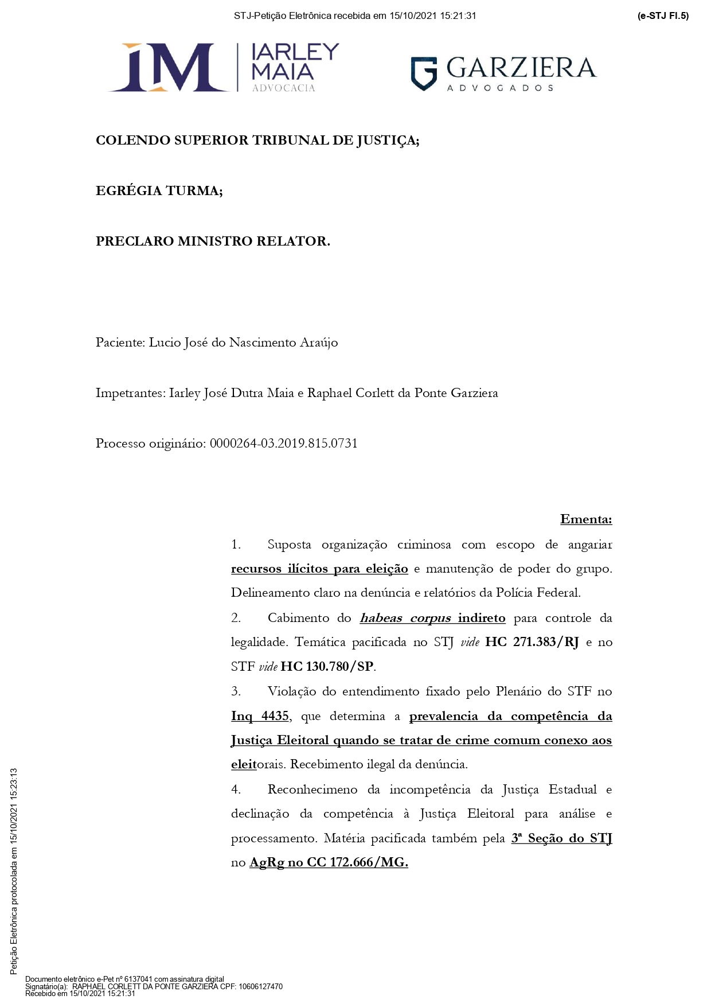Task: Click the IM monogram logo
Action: [x=169, y=67]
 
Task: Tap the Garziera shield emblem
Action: [x=424, y=73]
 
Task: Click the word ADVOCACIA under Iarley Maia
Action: [x=283, y=88]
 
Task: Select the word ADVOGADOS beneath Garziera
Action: [x=500, y=88]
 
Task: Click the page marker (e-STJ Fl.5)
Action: [x=663, y=16]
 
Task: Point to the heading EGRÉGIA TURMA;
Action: [x=159, y=190]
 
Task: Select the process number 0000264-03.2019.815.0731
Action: [x=284, y=444]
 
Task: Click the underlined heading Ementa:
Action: [x=586, y=519]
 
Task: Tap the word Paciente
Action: [x=119, y=343]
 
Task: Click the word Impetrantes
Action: [x=130, y=393]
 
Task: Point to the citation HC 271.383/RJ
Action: [x=532, y=642]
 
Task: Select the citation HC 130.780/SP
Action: [x=327, y=667]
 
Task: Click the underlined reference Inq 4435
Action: [x=260, y=716]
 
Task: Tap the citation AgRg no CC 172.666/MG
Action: [x=329, y=862]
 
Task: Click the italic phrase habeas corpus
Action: [x=405, y=618]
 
